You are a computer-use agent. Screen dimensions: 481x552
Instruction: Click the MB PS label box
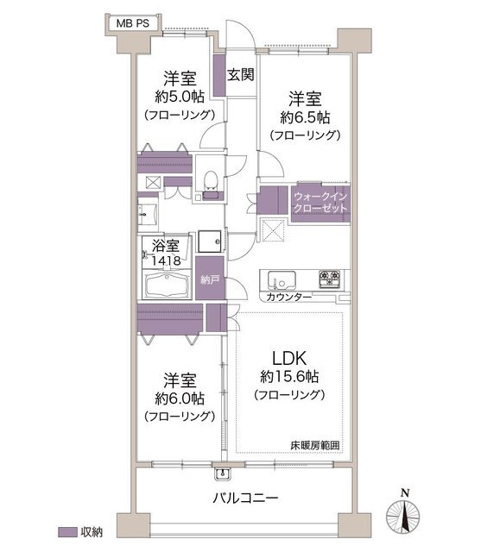(133, 23)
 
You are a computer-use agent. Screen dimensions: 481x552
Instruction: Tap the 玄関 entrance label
(240, 75)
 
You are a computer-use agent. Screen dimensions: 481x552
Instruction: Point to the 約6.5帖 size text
(305, 117)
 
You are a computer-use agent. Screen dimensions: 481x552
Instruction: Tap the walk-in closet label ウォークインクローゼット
(320, 203)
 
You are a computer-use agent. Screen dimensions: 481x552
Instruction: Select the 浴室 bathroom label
(166, 246)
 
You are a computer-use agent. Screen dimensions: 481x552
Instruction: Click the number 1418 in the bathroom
(166, 260)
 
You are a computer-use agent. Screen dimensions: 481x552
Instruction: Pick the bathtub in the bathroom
(168, 285)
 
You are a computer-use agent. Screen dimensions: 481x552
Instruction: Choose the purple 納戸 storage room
(210, 278)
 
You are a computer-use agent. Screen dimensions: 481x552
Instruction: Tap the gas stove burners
(330, 279)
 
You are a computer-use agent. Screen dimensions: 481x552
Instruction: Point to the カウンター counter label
(289, 297)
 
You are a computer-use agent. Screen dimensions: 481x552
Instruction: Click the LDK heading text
(289, 358)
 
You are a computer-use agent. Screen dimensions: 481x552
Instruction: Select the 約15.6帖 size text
(289, 377)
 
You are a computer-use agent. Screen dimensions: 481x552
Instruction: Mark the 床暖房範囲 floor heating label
(315, 445)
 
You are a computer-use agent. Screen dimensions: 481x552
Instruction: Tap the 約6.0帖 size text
(180, 398)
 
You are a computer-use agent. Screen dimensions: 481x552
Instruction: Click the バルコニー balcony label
(245, 499)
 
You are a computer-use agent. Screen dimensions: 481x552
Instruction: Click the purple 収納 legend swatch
(67, 532)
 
